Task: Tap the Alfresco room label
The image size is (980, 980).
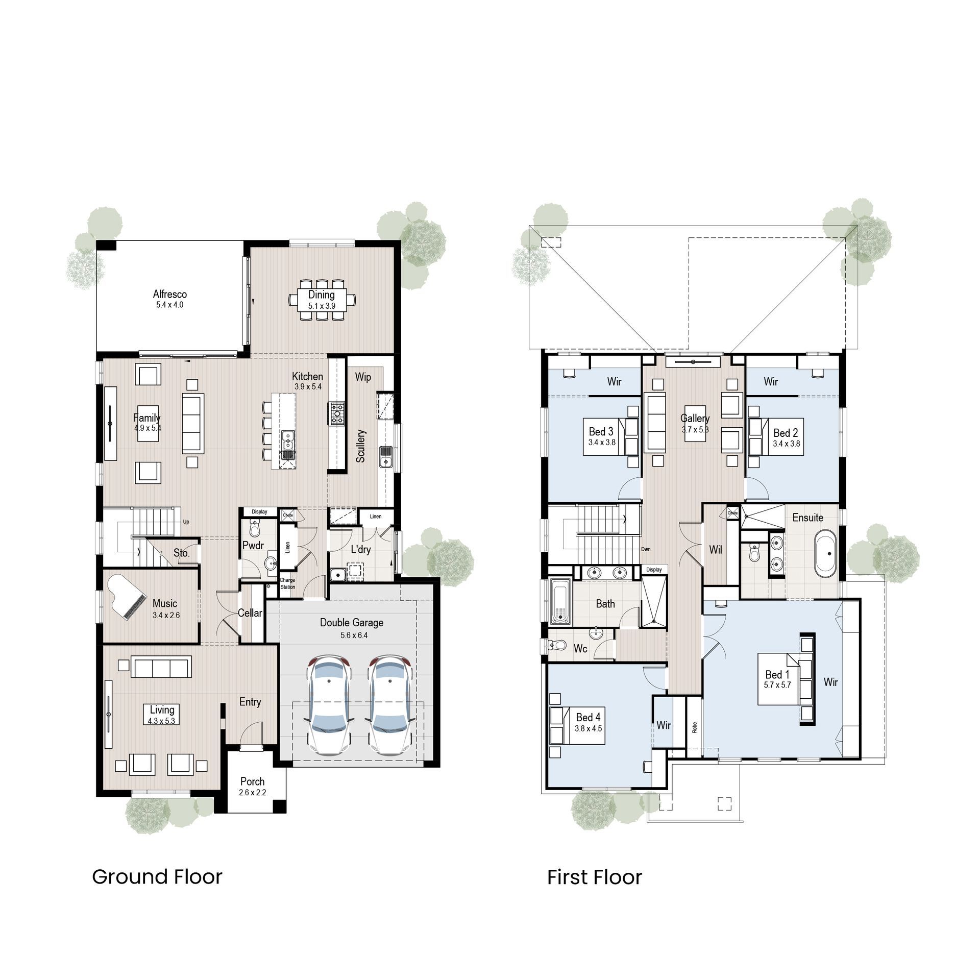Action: [170, 295]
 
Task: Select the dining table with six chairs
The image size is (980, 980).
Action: [322, 300]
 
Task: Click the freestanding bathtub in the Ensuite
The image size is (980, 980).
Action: [825, 553]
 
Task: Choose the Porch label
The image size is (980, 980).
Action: [252, 781]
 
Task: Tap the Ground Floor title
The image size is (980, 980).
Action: [157, 877]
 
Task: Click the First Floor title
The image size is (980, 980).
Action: [594, 877]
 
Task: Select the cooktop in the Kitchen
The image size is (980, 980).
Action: [337, 413]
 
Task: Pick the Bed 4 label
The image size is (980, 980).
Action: [588, 717]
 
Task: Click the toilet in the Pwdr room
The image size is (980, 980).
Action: [255, 529]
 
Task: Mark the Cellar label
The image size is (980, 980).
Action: [250, 613]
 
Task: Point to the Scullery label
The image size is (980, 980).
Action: [361, 446]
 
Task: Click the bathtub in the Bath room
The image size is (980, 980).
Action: [560, 602]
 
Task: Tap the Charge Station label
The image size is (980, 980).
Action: [287, 583]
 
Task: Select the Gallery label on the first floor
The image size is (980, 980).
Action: [695, 419]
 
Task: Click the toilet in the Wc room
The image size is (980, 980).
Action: [558, 645]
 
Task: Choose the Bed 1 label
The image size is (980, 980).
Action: [777, 674]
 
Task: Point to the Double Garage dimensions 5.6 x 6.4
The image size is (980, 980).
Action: [354, 635]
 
